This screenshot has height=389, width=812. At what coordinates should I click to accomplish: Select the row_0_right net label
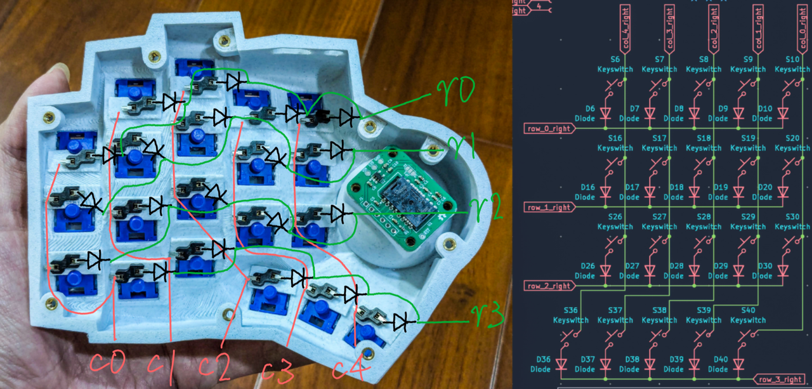click(549, 129)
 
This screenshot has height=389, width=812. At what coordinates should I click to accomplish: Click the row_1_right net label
click(549, 208)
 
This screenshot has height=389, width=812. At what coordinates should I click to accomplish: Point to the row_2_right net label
click(549, 286)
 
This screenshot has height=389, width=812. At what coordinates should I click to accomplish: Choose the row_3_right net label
click(780, 379)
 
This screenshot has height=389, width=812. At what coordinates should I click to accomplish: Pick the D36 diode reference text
click(543, 360)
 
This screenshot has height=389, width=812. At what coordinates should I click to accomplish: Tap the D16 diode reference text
click(587, 187)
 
